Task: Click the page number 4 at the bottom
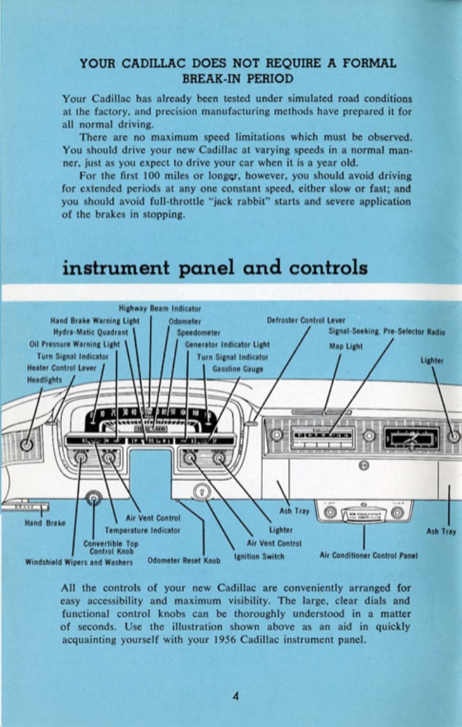click(232, 696)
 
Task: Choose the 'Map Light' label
click(346, 344)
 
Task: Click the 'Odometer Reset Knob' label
click(184, 561)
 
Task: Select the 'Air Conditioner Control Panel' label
click(368, 554)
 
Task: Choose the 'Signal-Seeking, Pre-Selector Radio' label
click(387, 332)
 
